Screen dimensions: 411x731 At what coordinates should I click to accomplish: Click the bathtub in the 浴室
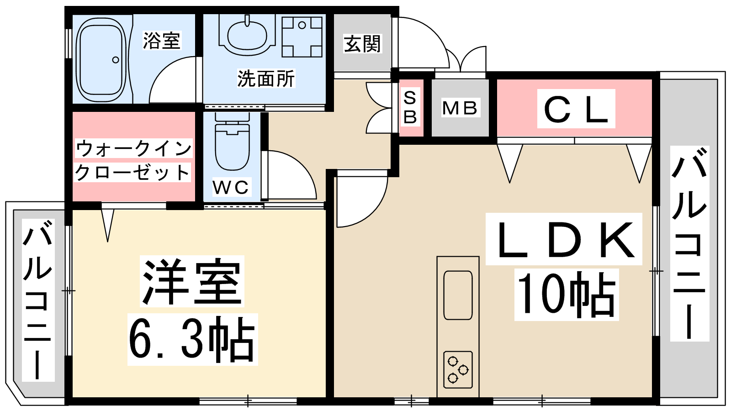point(101,59)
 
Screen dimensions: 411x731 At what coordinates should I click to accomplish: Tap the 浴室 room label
point(161,41)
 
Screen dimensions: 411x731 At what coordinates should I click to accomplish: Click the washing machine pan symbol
point(302,37)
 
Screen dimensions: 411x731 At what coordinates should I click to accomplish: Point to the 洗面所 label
point(266,79)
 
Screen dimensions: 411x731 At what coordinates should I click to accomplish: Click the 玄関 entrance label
point(362,44)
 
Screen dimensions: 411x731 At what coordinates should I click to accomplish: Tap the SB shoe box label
point(410,107)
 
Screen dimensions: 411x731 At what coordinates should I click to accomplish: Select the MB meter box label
point(460,108)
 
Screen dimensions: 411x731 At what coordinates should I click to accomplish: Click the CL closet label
point(576,109)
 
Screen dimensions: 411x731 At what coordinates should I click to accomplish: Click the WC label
point(230,187)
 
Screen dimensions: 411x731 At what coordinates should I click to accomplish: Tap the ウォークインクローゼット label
point(133,160)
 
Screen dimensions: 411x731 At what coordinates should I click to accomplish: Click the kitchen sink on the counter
point(458,295)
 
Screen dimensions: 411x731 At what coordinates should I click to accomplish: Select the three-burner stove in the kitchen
point(458,369)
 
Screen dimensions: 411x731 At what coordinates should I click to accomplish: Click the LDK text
point(565,240)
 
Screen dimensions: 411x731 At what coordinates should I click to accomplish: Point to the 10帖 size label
point(567,295)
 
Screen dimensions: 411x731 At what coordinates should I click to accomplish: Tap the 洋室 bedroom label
point(192,282)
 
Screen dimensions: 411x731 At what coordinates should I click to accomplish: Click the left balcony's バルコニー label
point(38,299)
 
